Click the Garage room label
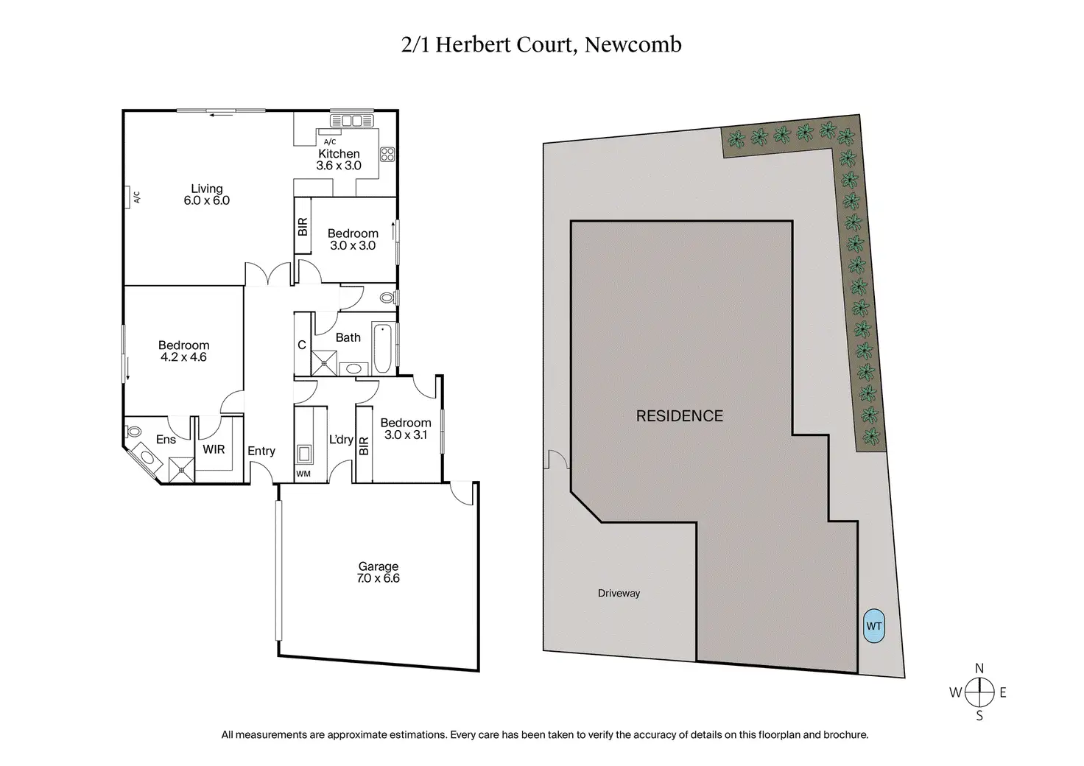pyautogui.click(x=379, y=572)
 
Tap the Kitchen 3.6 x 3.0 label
pyautogui.click(x=339, y=160)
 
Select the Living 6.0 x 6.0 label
pyautogui.click(x=206, y=194)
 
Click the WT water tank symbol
pyautogui.click(x=873, y=627)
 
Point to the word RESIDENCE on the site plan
pyautogui.click(x=679, y=416)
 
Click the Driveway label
pyautogui.click(x=619, y=593)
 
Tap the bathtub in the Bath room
pyautogui.click(x=382, y=348)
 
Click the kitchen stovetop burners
pyautogui.click(x=387, y=155)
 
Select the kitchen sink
pyautogui.click(x=352, y=121)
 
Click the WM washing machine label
pyautogui.click(x=303, y=474)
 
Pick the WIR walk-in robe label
pyautogui.click(x=214, y=449)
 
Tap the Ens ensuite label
pyautogui.click(x=166, y=440)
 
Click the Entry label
pyautogui.click(x=261, y=451)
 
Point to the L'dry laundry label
pyautogui.click(x=341, y=440)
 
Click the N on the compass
pyautogui.click(x=979, y=669)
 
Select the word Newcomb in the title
pyautogui.click(x=633, y=45)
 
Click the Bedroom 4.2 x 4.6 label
pyautogui.click(x=183, y=351)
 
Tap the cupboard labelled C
pyautogui.click(x=302, y=345)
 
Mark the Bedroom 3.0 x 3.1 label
pyautogui.click(x=405, y=429)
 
